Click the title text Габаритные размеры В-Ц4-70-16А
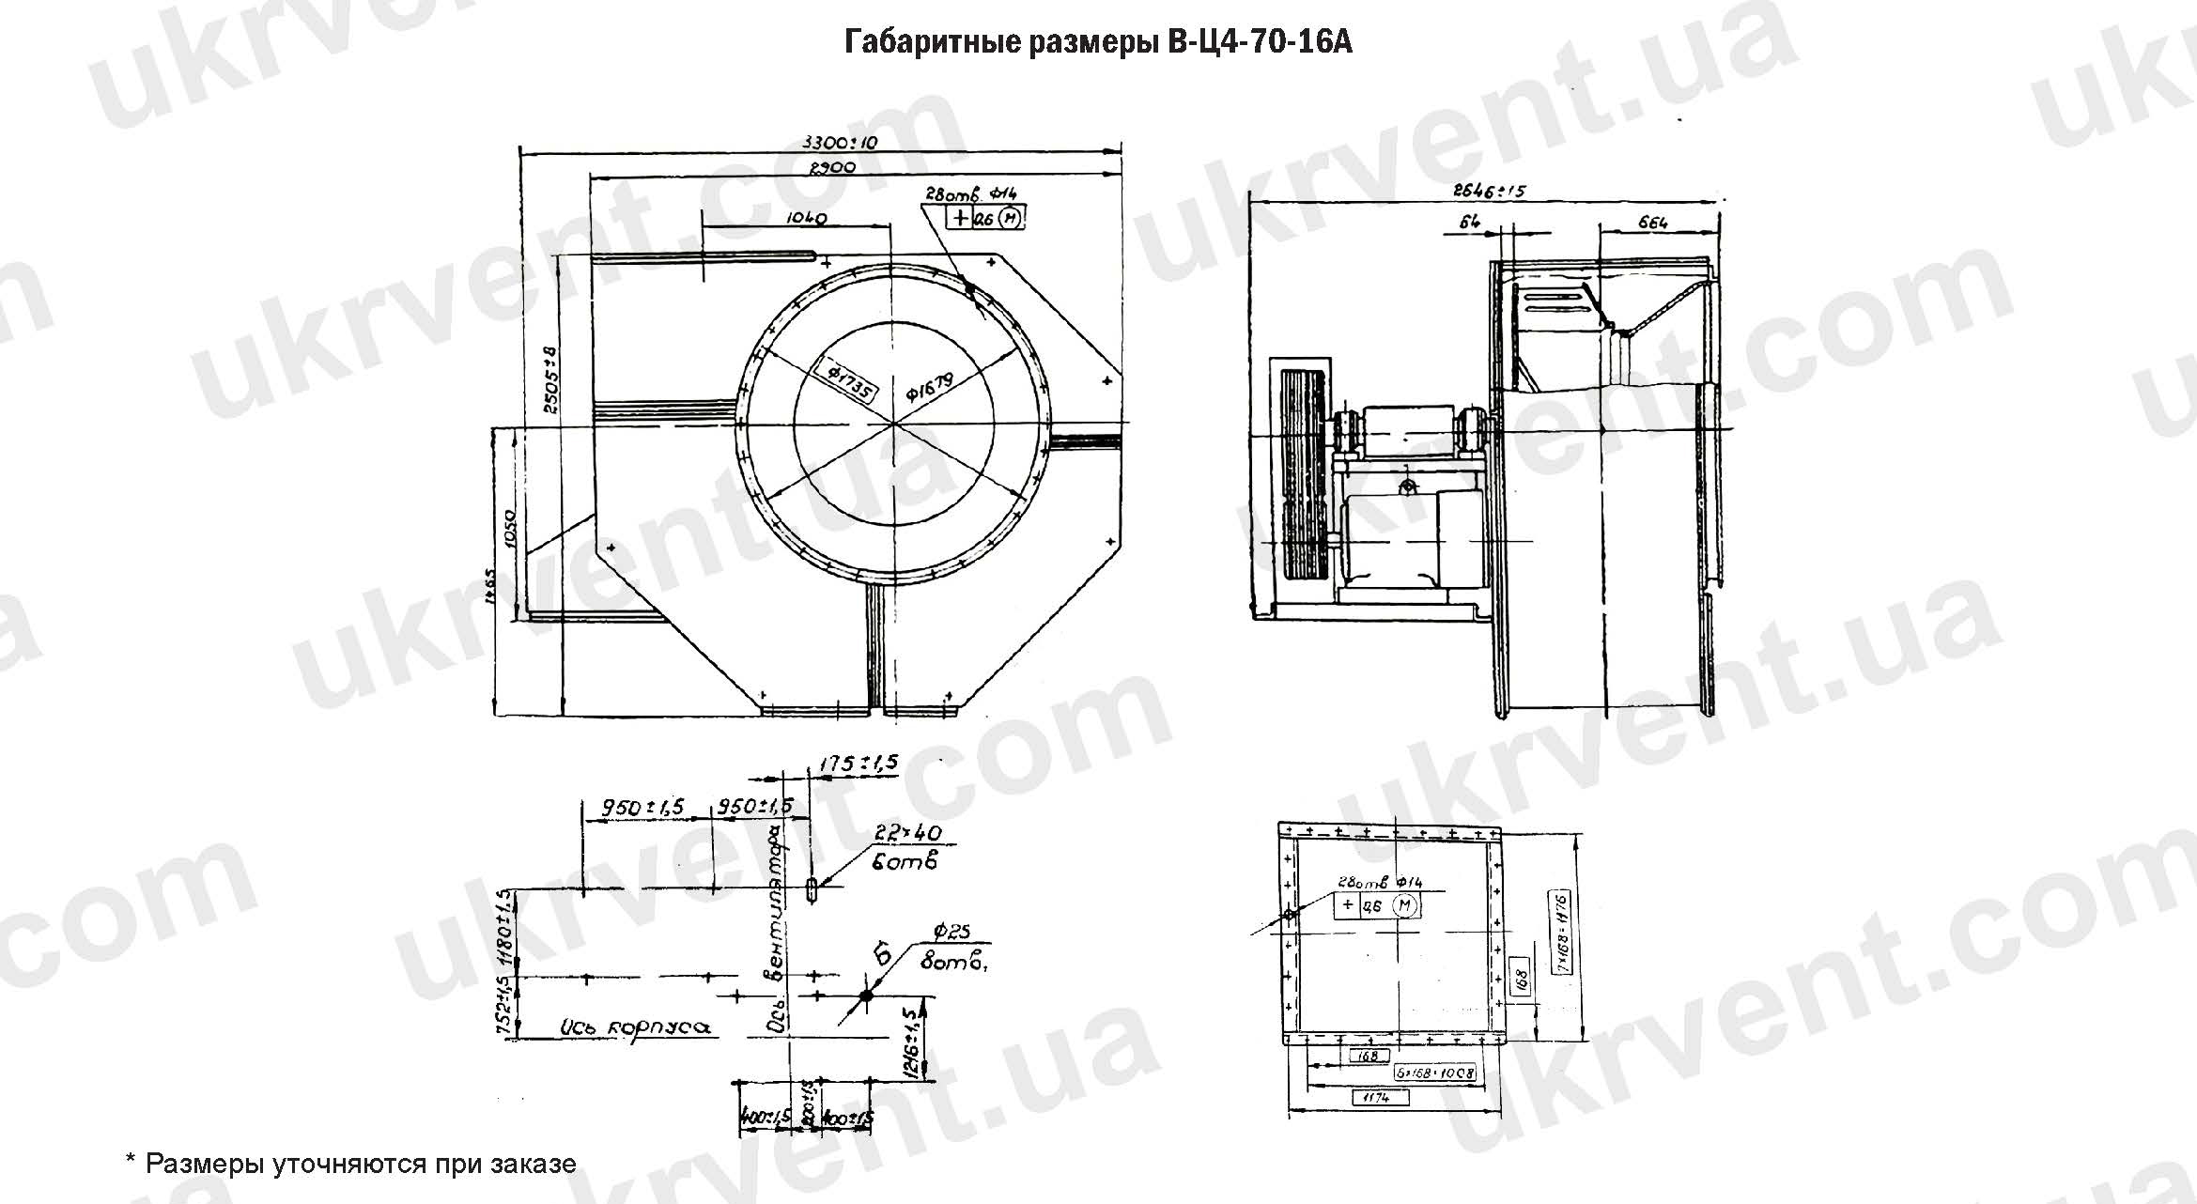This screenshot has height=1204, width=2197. [x=1098, y=42]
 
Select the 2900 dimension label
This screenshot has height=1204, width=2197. [x=831, y=167]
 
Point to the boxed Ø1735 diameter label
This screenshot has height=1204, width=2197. [x=849, y=379]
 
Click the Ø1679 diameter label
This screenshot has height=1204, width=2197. [x=930, y=386]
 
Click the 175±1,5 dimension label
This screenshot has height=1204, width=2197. [x=858, y=763]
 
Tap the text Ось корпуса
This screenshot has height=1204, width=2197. [x=633, y=1027]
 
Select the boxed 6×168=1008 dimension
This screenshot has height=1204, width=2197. [x=1434, y=1073]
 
